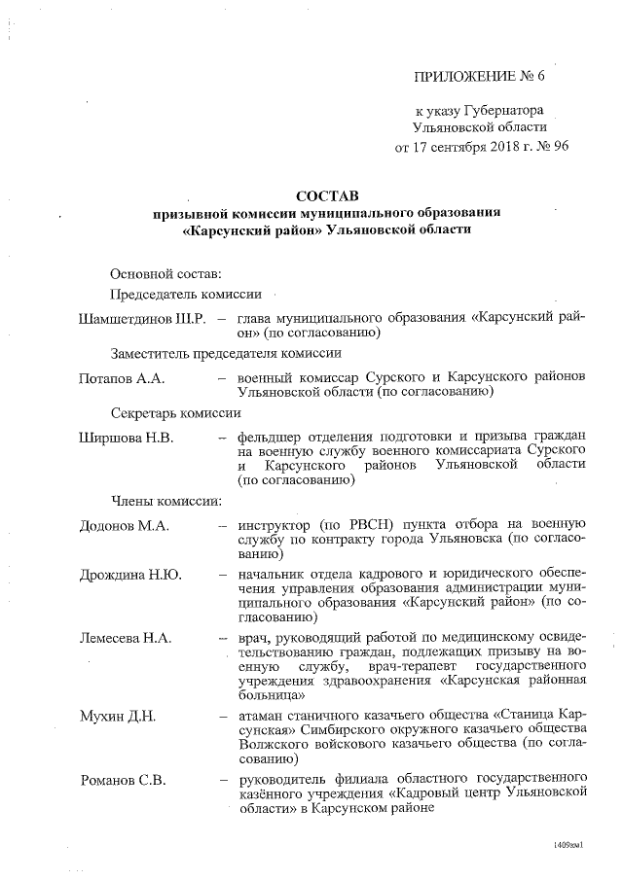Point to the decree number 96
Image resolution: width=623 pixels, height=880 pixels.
pos(557,147)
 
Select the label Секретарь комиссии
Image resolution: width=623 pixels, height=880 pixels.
pos(175,411)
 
